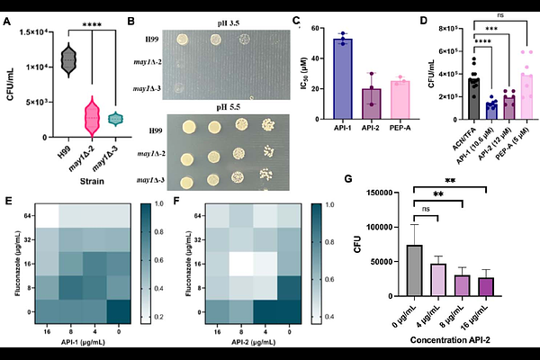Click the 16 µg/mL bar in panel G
pos(486,286)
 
